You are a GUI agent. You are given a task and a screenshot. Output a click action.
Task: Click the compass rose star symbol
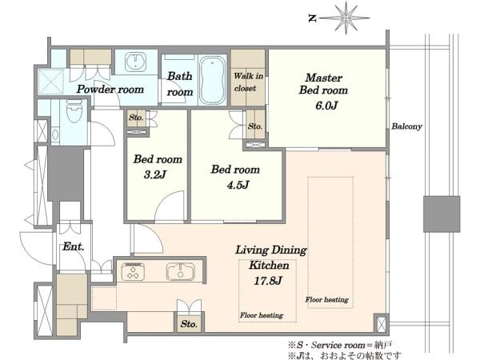click(x=346, y=18)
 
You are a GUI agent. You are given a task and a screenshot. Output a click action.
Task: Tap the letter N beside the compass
click(x=312, y=18)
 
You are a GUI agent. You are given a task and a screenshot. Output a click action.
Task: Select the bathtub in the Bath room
click(x=213, y=80)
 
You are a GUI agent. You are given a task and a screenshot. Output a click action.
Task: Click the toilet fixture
click(x=74, y=111)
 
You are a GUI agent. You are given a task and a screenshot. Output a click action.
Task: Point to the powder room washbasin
click(x=136, y=62)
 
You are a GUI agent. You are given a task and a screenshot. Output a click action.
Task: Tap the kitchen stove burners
click(x=133, y=271)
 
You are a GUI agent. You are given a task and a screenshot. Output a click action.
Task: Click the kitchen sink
click(x=181, y=271)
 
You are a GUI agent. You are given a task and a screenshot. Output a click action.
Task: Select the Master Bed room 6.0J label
click(x=323, y=91)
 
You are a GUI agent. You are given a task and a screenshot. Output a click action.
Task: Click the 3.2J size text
click(x=154, y=174)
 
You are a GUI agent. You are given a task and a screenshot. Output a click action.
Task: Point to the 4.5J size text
click(x=238, y=185)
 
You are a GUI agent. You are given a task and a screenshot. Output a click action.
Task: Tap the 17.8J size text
click(x=267, y=281)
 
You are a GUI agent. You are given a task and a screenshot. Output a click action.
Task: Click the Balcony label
click(x=407, y=126)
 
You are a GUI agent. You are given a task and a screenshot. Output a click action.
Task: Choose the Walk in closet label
click(x=248, y=82)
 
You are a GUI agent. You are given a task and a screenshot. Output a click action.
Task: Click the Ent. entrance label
click(x=74, y=246)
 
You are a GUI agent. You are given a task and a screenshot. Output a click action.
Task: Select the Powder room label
click(x=110, y=90)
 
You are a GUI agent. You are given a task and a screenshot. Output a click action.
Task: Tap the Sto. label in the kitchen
click(x=189, y=324)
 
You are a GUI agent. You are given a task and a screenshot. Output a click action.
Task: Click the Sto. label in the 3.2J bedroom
click(x=136, y=118)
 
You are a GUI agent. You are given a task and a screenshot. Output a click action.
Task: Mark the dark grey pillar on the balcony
click(x=442, y=214)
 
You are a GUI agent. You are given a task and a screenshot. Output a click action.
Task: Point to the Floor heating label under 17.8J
click(x=262, y=315)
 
